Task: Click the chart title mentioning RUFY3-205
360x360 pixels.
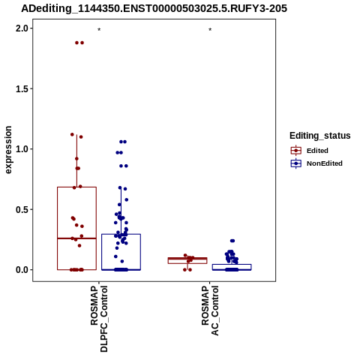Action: pos(154,8)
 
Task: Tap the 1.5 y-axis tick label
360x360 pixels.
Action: pos(22,89)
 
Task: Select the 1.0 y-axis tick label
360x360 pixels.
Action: pos(22,149)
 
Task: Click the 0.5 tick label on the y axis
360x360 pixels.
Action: pos(22,209)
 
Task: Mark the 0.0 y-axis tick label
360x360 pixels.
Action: pos(22,270)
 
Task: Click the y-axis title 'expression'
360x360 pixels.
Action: pos(8,150)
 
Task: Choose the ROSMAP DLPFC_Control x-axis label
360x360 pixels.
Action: pos(99,319)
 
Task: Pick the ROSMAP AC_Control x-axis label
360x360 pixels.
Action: pos(210,310)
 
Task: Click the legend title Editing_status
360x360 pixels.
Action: pos(320,136)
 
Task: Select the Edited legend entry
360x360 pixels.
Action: pos(317,151)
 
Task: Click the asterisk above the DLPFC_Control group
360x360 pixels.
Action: pos(99,30)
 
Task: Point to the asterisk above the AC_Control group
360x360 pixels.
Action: pos(210,30)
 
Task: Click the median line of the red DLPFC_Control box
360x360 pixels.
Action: pos(76,238)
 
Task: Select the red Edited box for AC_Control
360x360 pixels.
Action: pos(187,260)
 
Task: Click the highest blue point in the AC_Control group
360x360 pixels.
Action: pos(232,241)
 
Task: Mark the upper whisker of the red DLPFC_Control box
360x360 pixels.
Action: pos(76,160)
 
